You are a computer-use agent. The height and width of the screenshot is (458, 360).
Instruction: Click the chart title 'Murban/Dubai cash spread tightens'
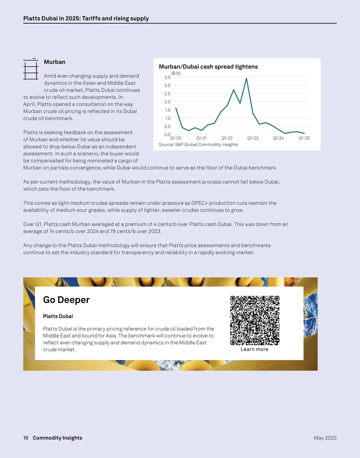coord(208,67)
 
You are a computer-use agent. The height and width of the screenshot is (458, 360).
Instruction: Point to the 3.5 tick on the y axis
coord(167,77)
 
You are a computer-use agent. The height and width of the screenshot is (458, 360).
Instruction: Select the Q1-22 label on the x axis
coord(227,138)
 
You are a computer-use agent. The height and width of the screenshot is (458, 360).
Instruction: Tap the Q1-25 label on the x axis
coord(304,138)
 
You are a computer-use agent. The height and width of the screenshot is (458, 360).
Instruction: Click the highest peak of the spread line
coord(246,78)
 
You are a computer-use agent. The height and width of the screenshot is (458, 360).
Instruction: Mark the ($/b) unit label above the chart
coord(176,73)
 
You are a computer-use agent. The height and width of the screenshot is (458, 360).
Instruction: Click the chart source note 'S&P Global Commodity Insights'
coord(198,144)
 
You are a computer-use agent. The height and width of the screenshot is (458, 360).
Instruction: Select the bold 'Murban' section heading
coord(55,62)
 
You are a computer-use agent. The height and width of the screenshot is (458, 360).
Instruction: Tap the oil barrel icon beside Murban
coord(31,69)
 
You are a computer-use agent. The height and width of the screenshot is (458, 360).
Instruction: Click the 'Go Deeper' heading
coord(66,300)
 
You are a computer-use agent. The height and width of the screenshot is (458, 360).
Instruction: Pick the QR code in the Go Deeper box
coord(255,320)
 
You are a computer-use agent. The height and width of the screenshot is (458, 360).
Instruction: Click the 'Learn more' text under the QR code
coord(254,349)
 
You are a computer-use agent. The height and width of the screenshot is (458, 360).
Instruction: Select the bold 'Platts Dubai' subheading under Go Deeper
coord(58,316)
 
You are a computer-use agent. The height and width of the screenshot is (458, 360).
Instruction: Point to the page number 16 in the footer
coord(26,438)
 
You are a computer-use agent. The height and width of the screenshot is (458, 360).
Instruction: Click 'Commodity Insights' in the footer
coord(57,438)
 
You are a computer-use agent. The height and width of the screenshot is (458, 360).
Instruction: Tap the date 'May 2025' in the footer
coord(325,438)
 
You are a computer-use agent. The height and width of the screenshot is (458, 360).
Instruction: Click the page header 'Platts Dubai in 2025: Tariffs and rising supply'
coord(86,18)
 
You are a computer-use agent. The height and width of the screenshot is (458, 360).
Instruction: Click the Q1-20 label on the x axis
coord(176,138)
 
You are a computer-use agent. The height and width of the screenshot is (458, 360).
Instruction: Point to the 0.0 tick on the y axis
coord(167,135)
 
